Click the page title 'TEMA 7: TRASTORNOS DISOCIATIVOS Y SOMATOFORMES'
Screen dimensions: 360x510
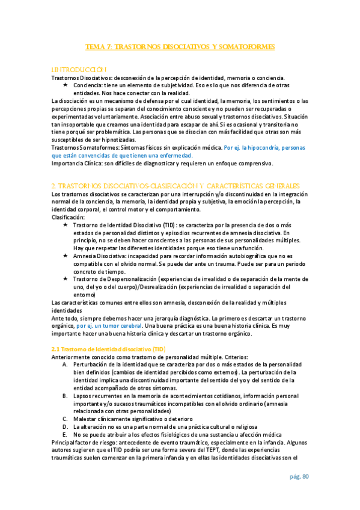(x=180, y=46)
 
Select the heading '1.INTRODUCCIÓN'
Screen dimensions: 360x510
(x=80, y=70)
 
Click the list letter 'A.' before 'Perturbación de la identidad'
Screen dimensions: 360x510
(x=66, y=364)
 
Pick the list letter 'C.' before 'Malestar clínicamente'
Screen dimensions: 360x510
(x=66, y=418)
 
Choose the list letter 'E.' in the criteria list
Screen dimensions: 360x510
(x=66, y=433)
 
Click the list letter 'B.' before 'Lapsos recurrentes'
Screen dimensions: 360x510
(x=66, y=395)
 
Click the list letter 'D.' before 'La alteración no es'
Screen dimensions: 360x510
(x=66, y=425)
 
